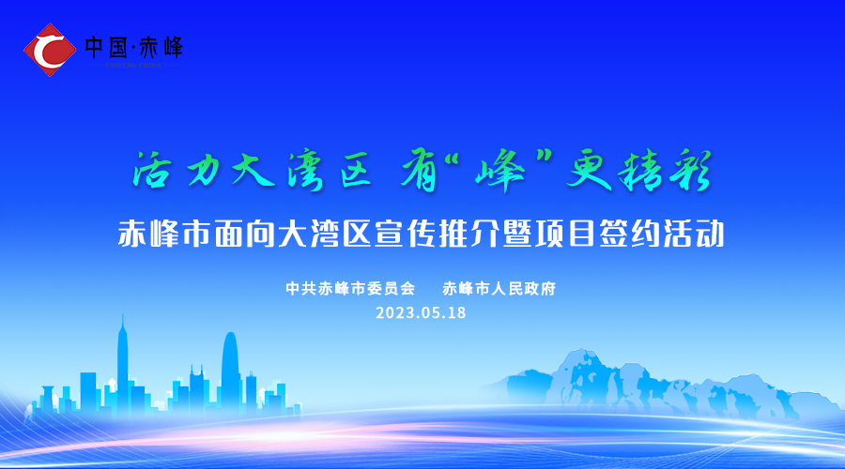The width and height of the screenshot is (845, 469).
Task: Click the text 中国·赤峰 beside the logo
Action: tap(134, 46)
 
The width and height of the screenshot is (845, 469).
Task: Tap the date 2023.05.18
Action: tap(421, 313)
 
